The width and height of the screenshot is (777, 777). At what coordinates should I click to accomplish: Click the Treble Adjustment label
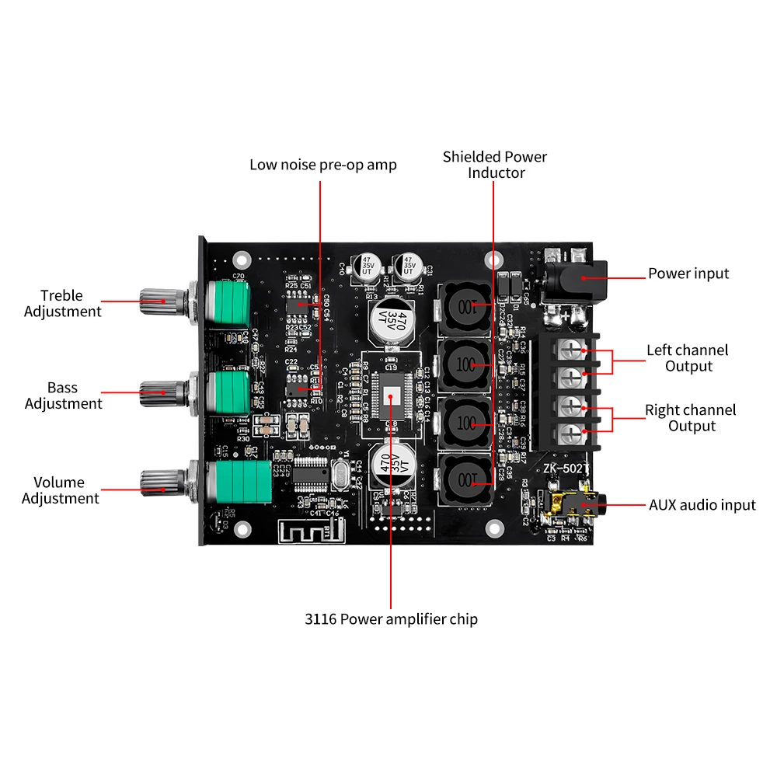pyautogui.click(x=62, y=303)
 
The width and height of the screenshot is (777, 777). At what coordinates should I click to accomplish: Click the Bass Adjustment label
pyautogui.click(x=63, y=395)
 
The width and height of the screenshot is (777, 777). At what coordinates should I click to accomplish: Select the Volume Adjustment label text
pyautogui.click(x=60, y=490)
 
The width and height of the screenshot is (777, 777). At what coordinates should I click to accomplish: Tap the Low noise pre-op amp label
pyautogui.click(x=322, y=165)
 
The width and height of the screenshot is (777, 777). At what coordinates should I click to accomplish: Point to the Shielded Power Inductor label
pyautogui.click(x=495, y=165)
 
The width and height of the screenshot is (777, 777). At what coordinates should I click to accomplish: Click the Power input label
pyautogui.click(x=688, y=274)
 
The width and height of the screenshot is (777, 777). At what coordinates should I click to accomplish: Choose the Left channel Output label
pyautogui.click(x=688, y=358)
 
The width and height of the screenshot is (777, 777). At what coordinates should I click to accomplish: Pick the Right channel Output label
pyautogui.click(x=690, y=418)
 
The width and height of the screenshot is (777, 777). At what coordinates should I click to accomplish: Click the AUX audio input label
pyautogui.click(x=702, y=505)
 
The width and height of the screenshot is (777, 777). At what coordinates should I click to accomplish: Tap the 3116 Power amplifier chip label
pyautogui.click(x=391, y=619)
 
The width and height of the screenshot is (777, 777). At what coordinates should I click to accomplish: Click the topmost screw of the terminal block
pyautogui.click(x=573, y=349)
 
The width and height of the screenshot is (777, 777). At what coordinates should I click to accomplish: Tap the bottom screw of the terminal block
pyautogui.click(x=573, y=433)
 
